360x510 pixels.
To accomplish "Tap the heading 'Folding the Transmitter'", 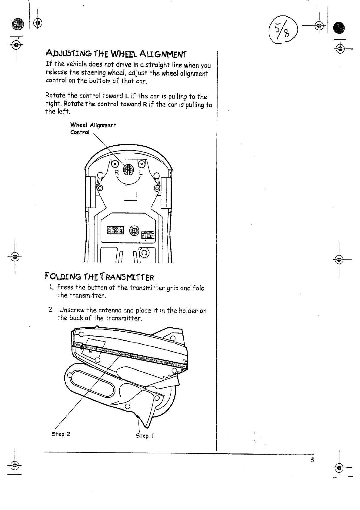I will (100, 277).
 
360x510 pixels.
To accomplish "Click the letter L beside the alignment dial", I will (141, 173).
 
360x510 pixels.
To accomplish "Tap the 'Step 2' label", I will (61, 434).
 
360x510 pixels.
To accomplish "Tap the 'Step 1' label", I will (145, 435).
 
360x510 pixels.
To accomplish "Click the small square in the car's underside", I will (131, 193).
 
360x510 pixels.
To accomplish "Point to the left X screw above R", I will (115, 164).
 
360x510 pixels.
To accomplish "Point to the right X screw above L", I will (142, 164).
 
